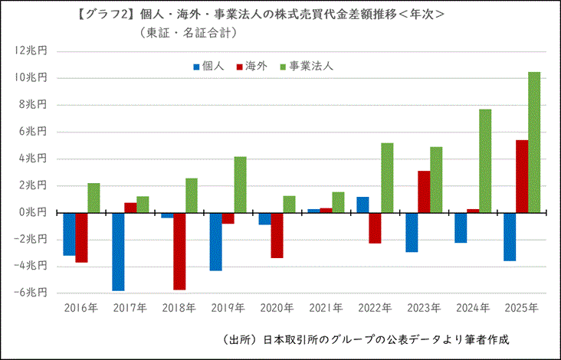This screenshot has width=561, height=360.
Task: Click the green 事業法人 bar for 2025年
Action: (534, 142)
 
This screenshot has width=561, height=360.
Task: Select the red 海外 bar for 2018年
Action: (179, 250)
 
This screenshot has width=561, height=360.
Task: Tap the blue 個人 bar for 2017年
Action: (118, 251)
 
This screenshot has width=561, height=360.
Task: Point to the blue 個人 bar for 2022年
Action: (363, 205)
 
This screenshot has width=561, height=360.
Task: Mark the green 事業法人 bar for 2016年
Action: (93, 198)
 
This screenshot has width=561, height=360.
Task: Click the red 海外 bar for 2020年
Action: (277, 235)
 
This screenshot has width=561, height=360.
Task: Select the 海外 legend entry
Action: (252, 66)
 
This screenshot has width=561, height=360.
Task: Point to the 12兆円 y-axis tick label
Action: (31, 51)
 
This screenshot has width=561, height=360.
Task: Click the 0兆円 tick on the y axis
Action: (34, 212)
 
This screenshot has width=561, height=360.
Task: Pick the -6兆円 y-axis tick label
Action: (31, 293)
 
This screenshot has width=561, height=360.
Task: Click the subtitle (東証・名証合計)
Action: (189, 32)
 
